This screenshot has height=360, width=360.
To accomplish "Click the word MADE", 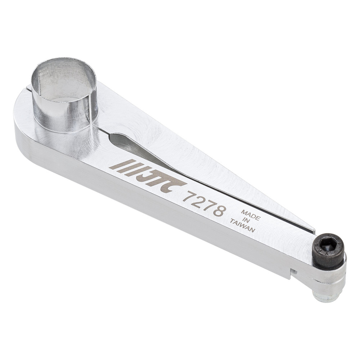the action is (251, 215).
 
